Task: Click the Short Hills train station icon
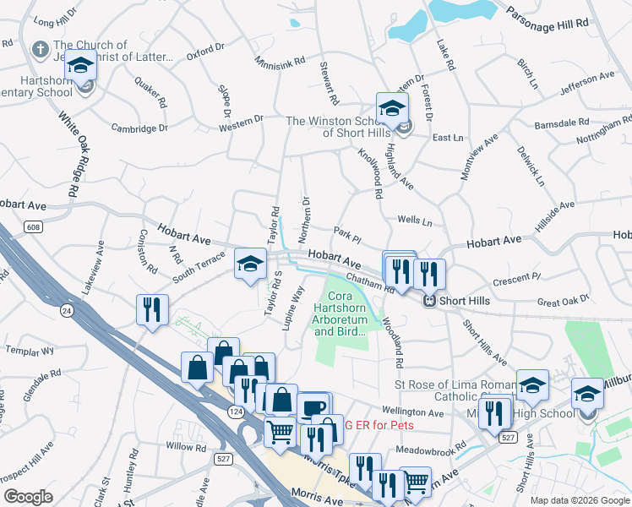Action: click(x=428, y=299)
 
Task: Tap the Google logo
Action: click(x=28, y=497)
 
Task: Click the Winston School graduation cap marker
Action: click(x=392, y=108)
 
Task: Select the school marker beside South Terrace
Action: click(x=250, y=264)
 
